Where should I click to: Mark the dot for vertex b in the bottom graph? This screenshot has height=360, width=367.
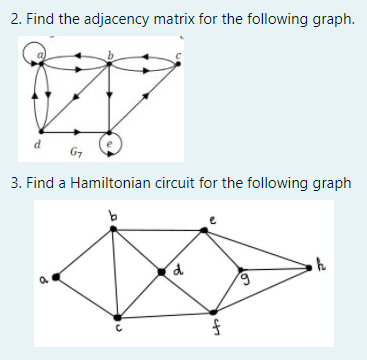pyautogui.click(x=114, y=228)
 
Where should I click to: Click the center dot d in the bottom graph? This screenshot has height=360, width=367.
pyautogui.click(x=161, y=271)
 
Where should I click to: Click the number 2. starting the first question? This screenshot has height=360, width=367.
pyautogui.click(x=13, y=19)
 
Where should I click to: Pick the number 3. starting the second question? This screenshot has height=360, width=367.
pyautogui.click(x=13, y=183)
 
